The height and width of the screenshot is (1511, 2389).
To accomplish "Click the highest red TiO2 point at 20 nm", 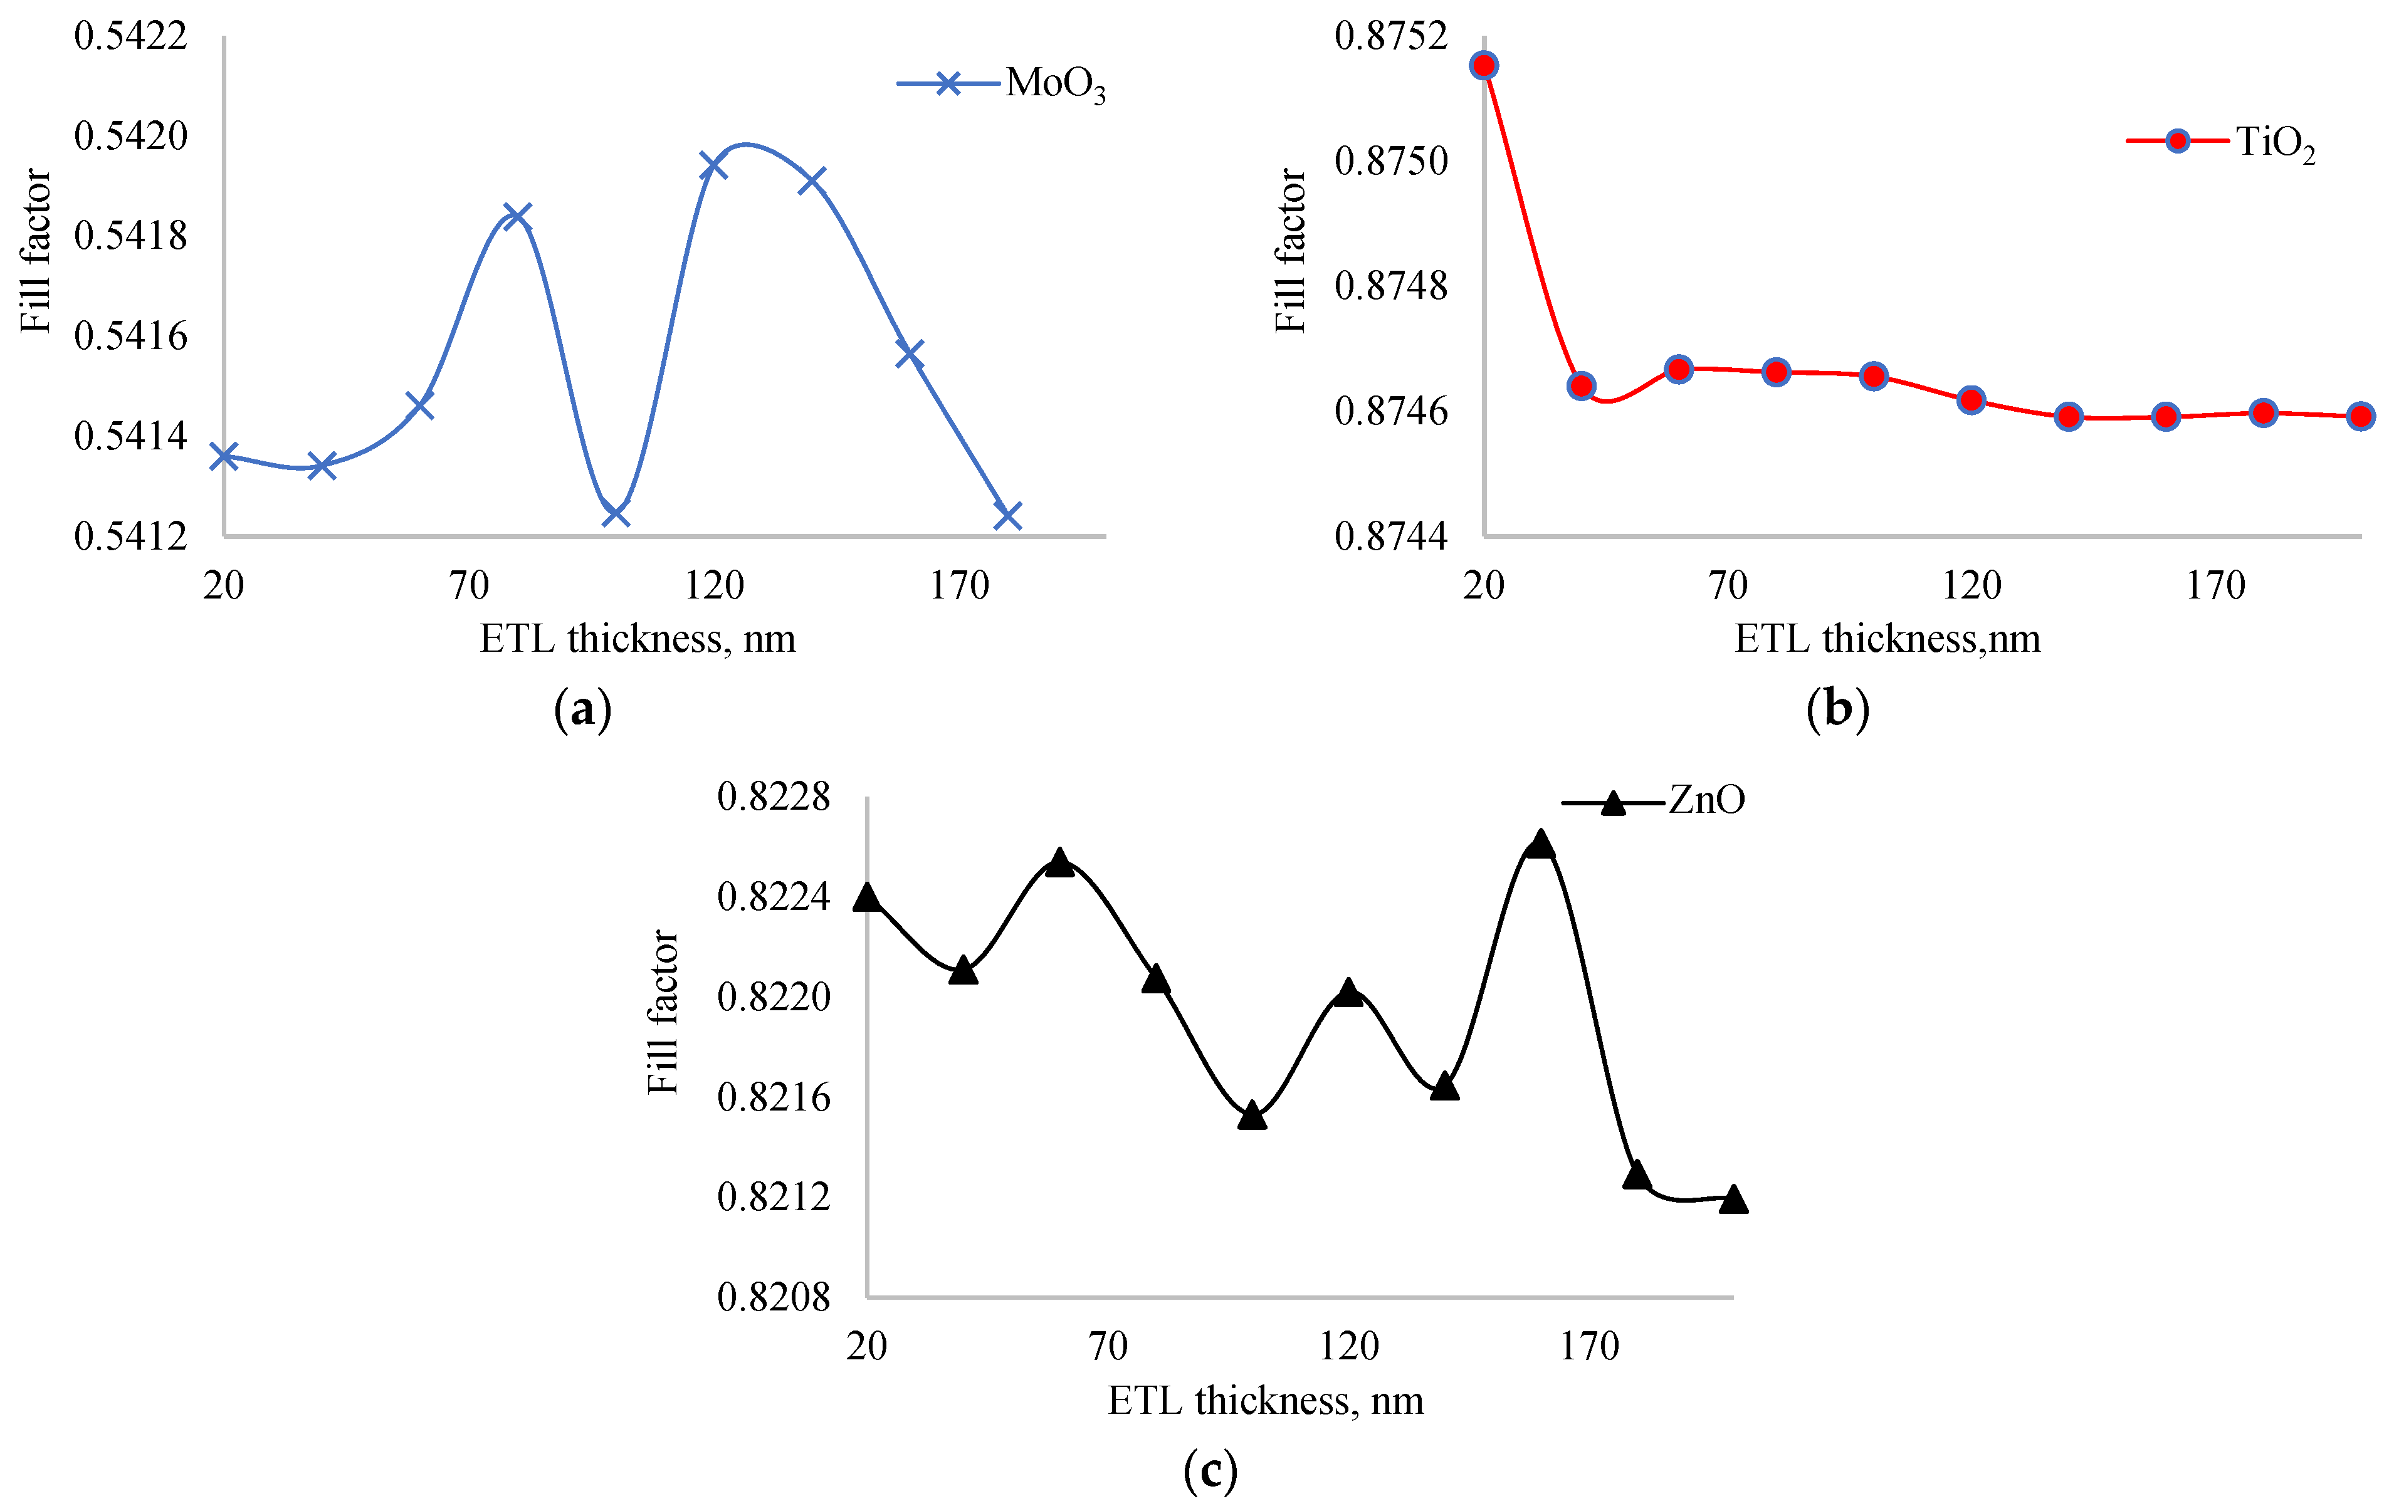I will [x=1484, y=65].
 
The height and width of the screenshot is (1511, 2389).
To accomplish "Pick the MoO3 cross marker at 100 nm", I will [x=616, y=513].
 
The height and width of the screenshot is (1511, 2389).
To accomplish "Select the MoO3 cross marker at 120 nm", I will [x=713, y=165].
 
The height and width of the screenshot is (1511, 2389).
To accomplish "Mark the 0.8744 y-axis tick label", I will [x=1391, y=536].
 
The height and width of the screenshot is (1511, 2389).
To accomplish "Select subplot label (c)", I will [x=1210, y=1470].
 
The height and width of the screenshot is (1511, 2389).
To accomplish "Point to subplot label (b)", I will [x=1837, y=709].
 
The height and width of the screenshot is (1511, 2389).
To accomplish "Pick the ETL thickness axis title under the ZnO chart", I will [x=1265, y=1401].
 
